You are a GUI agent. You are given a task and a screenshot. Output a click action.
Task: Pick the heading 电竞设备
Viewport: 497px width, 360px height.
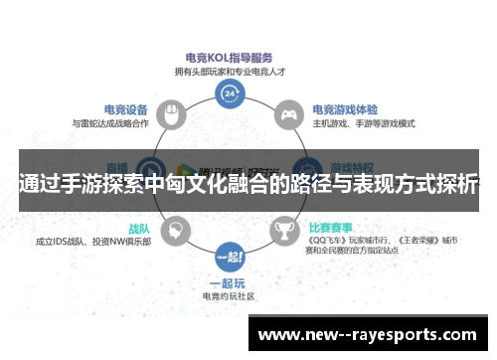[x=125, y=108]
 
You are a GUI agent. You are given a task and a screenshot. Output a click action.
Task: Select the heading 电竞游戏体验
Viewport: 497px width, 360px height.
[x=344, y=108]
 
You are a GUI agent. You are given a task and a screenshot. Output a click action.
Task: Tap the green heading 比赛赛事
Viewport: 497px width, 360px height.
[x=335, y=226]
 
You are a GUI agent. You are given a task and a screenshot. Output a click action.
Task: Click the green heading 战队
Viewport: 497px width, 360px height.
[x=139, y=228]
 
